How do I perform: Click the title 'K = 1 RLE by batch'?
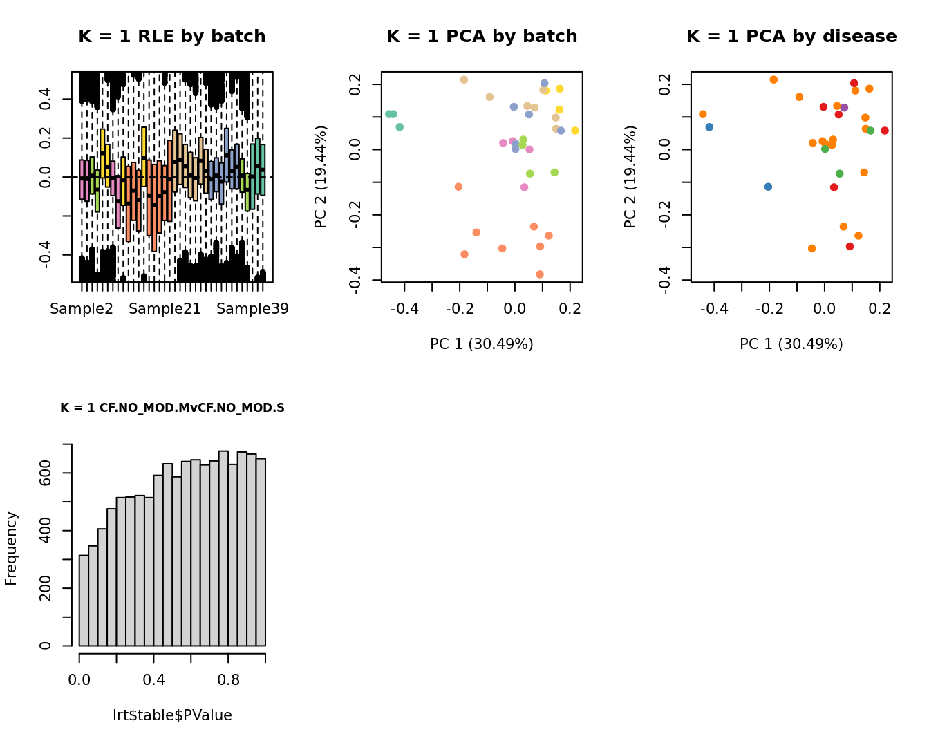pos(171,37)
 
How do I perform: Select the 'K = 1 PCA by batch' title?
pos(482,37)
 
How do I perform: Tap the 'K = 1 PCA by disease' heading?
pos(791,37)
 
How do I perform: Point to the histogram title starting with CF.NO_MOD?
pos(172,408)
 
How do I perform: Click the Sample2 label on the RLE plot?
pos(82,309)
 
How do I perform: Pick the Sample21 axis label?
pos(165,309)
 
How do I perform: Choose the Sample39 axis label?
pos(252,309)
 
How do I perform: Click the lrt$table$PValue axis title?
pos(172,715)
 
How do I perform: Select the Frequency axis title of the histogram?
pos(11,548)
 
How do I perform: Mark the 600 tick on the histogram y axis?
pos(46,473)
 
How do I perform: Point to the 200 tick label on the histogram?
pos(46,588)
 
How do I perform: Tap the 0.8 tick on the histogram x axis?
pos(228,680)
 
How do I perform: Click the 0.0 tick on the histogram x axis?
pos(79,680)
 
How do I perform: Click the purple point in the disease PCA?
pos(844,108)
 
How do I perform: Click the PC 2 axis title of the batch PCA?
pos(321,176)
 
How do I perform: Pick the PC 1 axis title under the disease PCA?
pos(791,344)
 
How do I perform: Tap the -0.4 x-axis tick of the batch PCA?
pos(404,308)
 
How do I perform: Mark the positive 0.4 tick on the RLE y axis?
pos(46,99)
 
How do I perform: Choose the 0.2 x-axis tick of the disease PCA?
pos(880,308)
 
